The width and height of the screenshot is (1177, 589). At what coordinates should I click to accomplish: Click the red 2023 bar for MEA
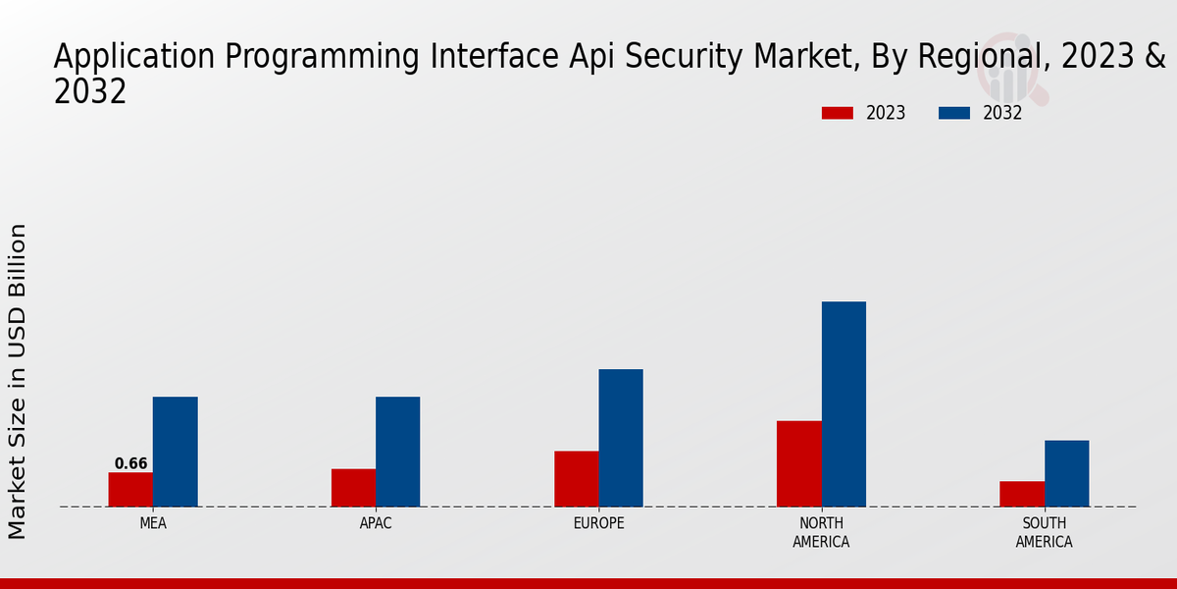(130, 490)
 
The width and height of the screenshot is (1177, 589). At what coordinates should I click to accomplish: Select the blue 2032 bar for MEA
(175, 452)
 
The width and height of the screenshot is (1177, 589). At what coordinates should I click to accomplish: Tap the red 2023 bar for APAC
(353, 488)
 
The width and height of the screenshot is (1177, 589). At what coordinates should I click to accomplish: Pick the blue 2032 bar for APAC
(397, 452)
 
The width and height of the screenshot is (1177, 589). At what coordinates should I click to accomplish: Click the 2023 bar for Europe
(577, 479)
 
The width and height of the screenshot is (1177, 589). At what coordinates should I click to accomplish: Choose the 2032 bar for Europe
(621, 438)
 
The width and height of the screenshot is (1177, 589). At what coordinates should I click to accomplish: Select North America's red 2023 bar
(799, 463)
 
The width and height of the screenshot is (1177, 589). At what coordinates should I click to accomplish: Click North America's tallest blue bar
(844, 403)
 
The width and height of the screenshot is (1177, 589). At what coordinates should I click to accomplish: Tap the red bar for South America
(1022, 494)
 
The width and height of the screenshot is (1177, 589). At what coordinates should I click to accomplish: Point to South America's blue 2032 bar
(1066, 473)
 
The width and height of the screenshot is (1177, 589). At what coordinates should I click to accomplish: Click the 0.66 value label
(130, 463)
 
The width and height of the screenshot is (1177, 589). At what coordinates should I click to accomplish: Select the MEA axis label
(153, 523)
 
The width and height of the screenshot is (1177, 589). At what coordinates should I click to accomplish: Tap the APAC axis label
(376, 523)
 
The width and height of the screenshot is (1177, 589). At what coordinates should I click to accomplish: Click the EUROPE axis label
(598, 523)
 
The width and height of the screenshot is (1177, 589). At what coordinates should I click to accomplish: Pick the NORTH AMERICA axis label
(822, 532)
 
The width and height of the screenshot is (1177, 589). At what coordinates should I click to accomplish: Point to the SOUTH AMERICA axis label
(1044, 532)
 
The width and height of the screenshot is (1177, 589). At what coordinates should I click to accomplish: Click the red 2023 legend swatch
(838, 113)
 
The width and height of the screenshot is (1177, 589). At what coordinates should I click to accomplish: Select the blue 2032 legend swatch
(954, 113)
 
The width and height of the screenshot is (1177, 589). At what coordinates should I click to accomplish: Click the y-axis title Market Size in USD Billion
(18, 381)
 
